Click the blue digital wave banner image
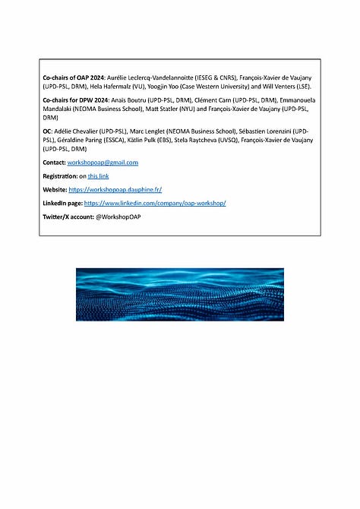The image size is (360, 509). tap(180, 294)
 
